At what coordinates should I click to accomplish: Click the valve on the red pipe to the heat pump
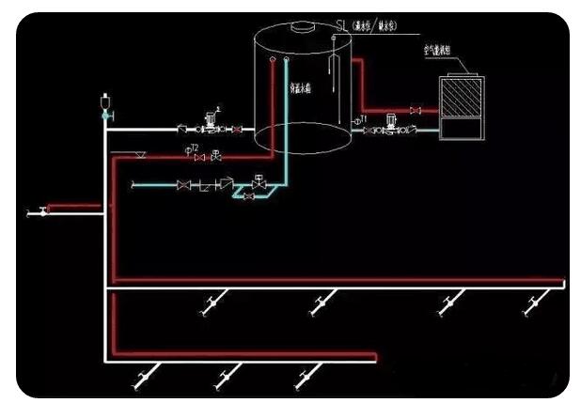point(415,111)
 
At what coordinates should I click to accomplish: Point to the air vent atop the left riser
point(105,101)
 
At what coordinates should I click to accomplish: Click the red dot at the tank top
point(272,60)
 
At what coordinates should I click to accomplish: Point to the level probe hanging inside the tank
point(332,66)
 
